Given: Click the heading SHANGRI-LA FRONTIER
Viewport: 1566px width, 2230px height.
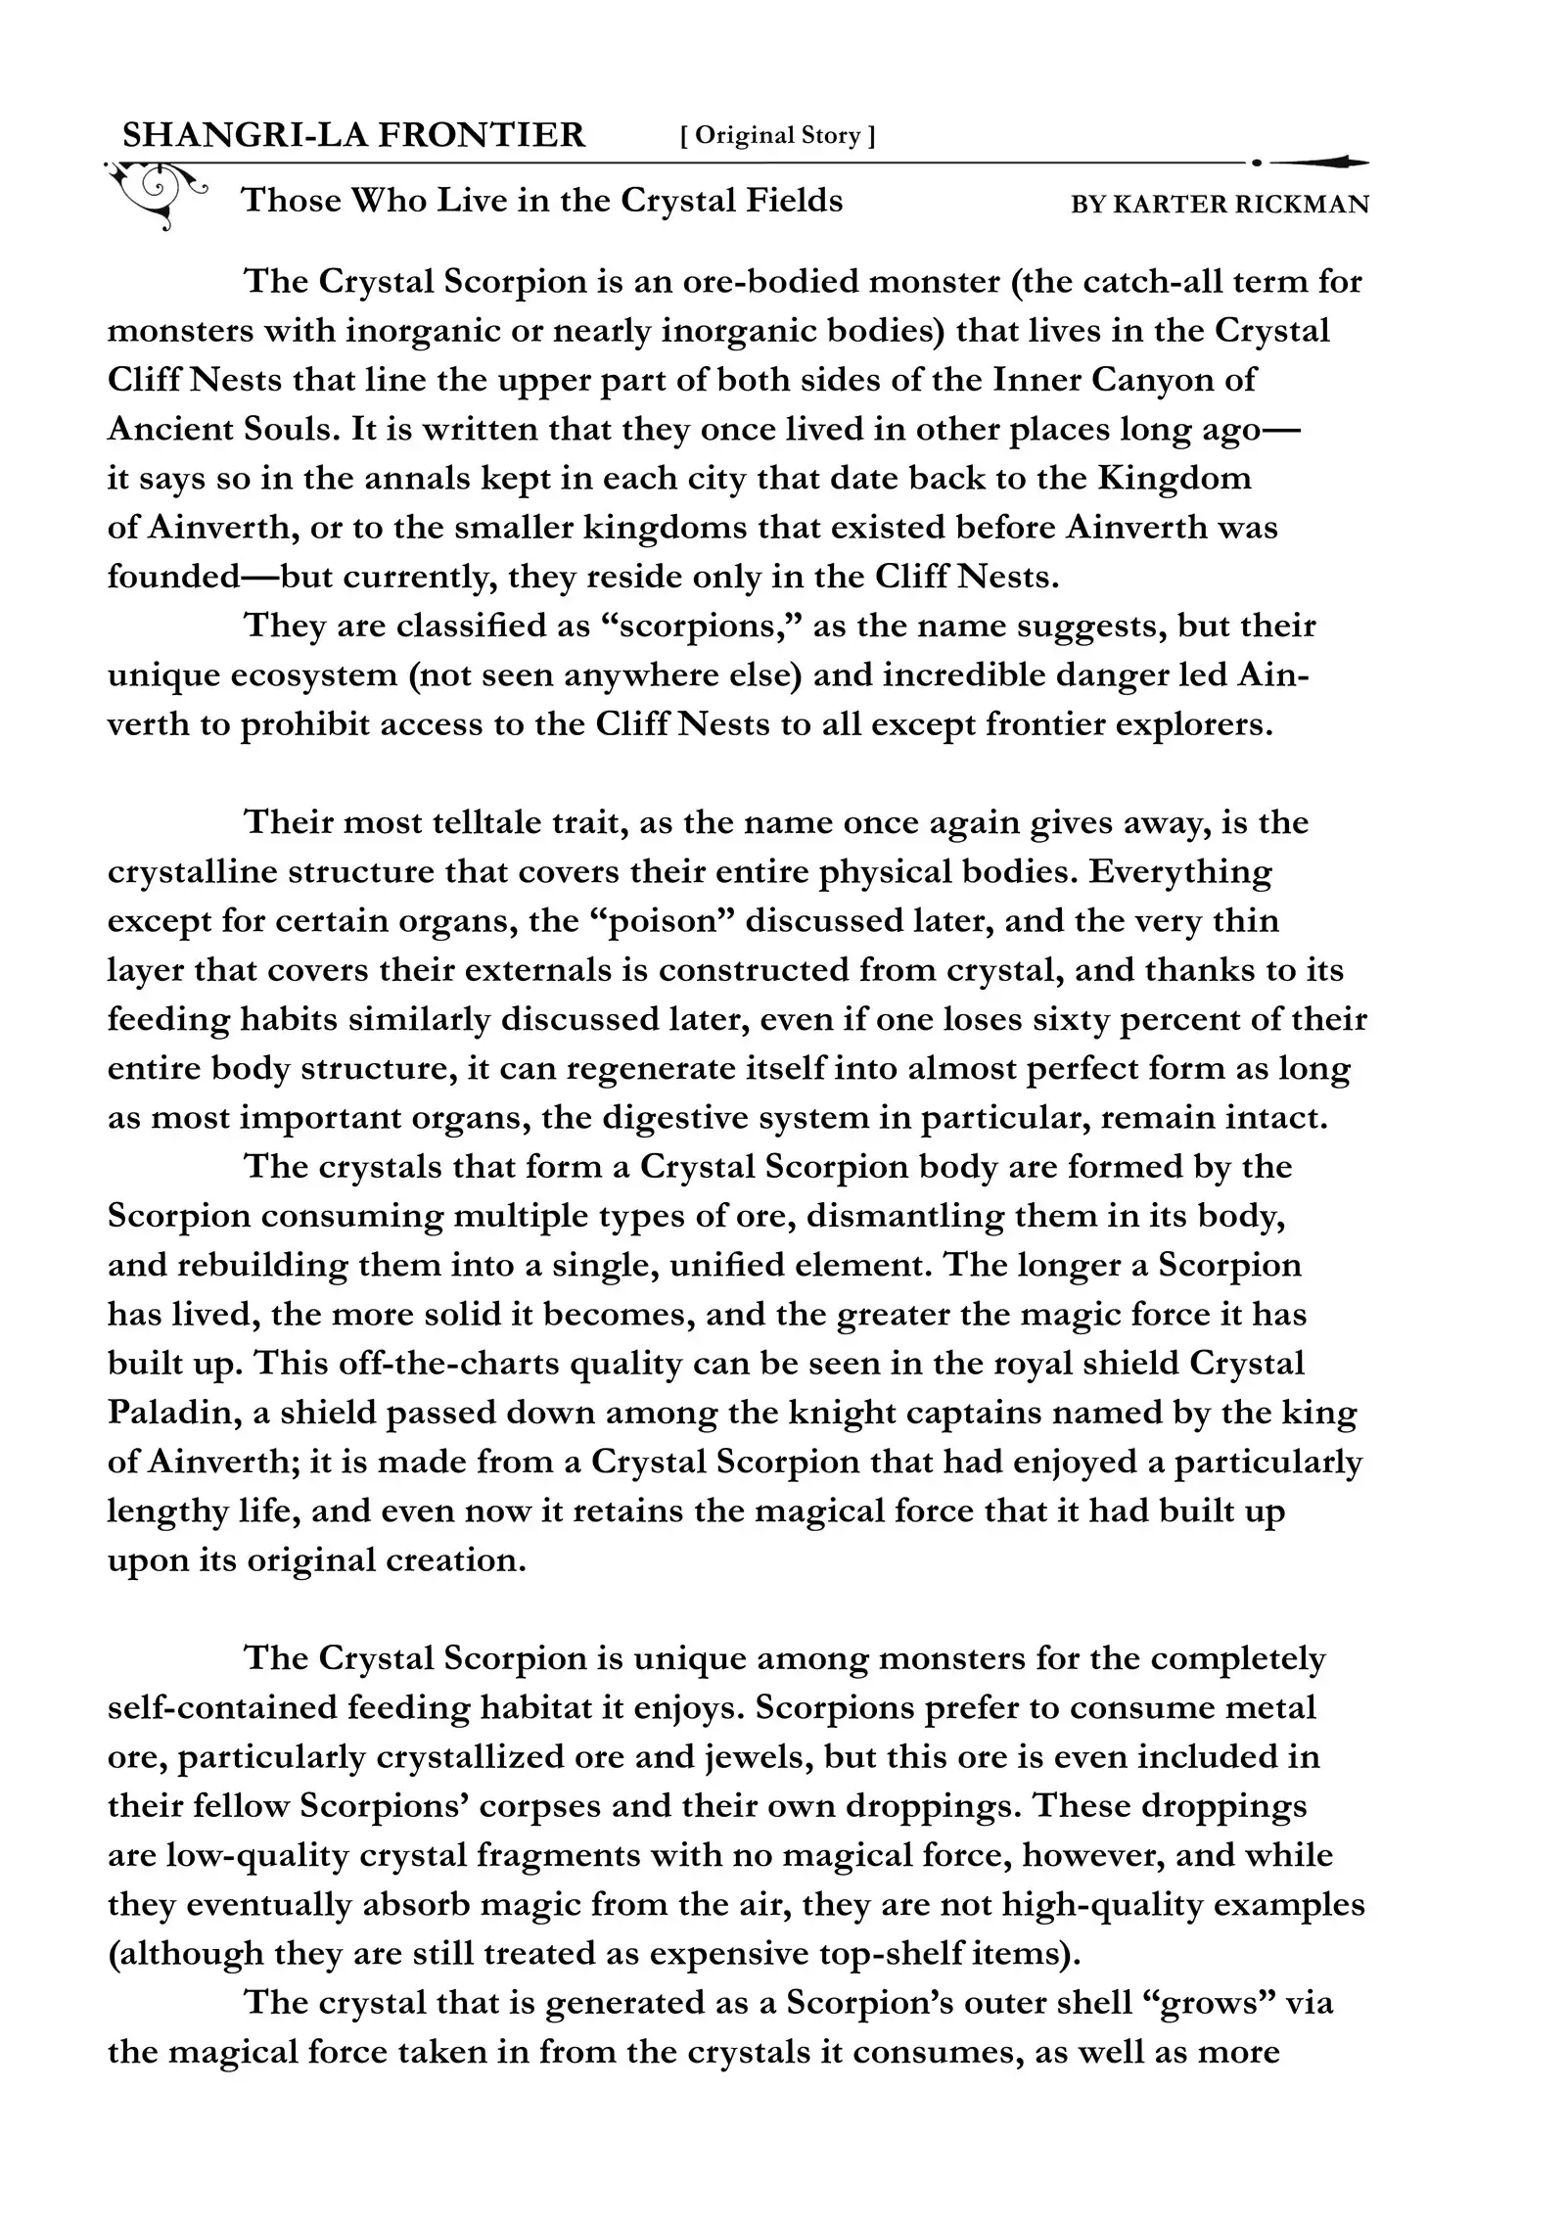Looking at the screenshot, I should coord(353,135).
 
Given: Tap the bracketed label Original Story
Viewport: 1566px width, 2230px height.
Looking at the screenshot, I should coord(777,136).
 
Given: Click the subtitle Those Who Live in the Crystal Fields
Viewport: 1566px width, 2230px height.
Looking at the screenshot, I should coord(541,201).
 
